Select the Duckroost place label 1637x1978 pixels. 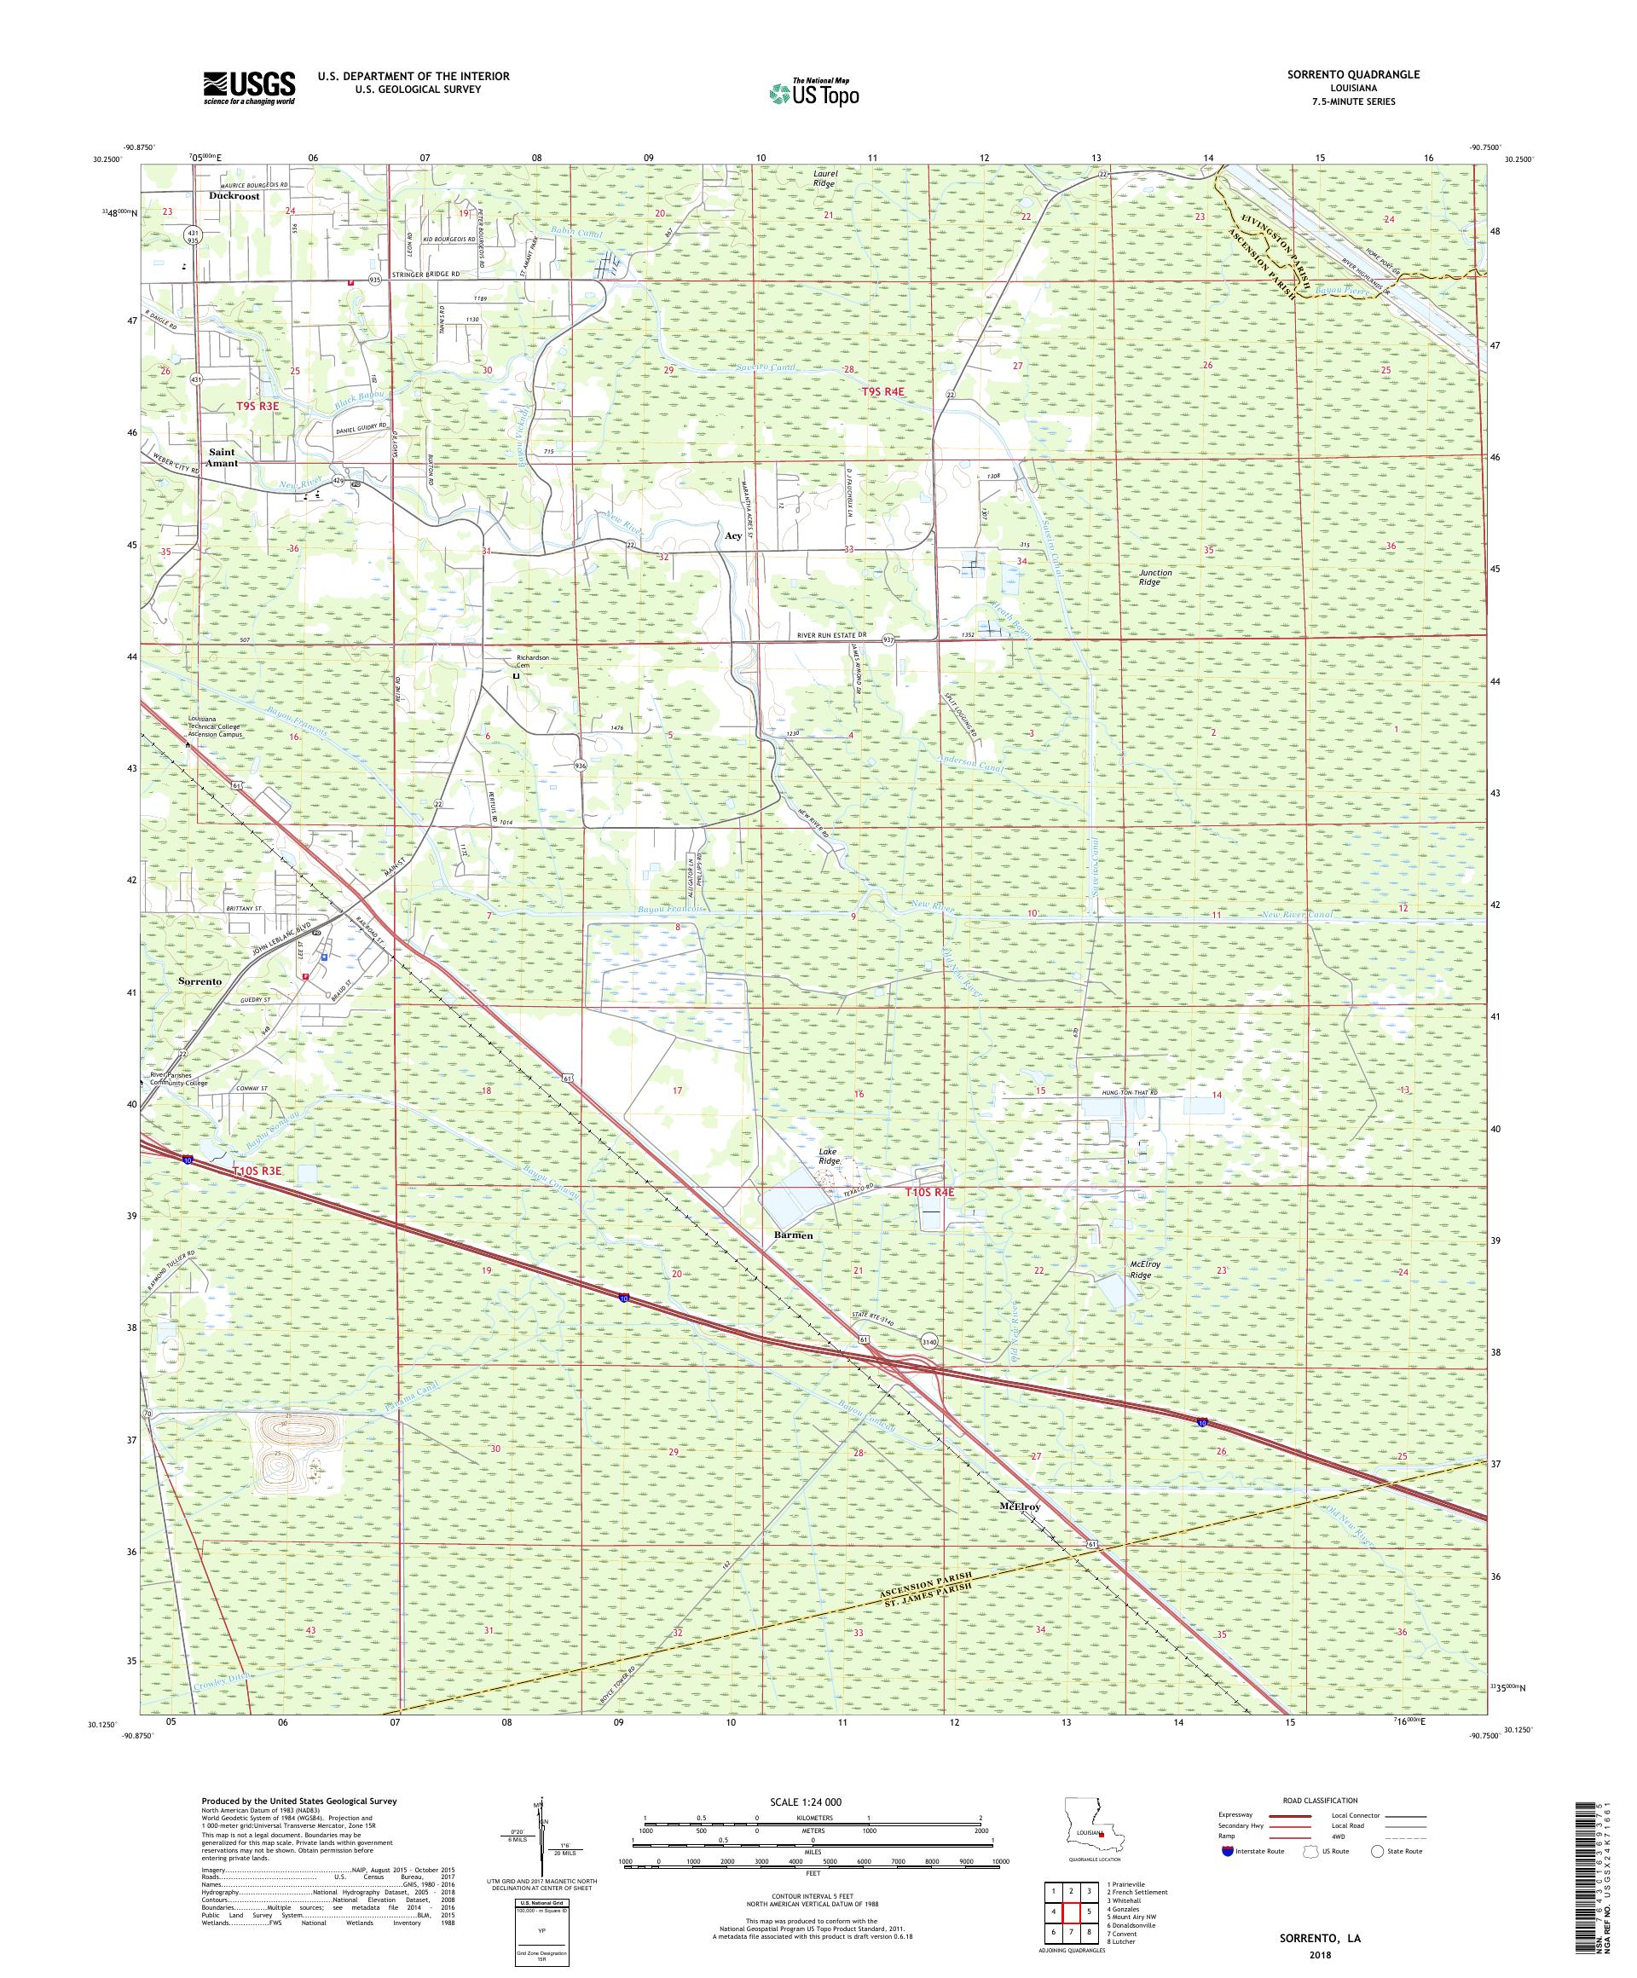[x=234, y=198]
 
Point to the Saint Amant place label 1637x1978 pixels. [x=223, y=458]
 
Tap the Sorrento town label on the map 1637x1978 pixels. [x=200, y=980]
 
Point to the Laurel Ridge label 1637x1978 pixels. [x=824, y=179]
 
